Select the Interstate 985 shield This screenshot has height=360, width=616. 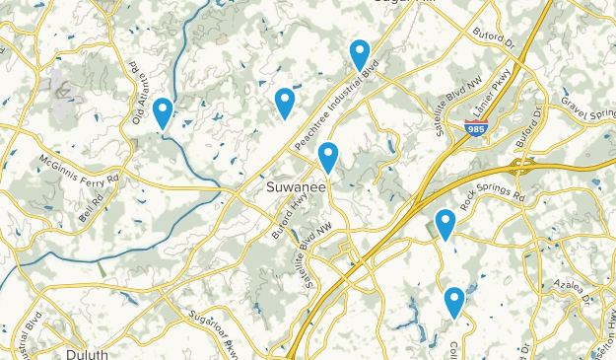click(476, 127)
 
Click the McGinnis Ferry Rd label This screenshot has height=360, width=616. click(79, 169)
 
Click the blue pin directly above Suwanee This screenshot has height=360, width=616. click(328, 157)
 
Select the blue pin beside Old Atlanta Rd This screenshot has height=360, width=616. click(163, 112)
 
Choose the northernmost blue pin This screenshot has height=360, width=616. click(360, 54)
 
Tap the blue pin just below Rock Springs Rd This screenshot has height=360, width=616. click(445, 224)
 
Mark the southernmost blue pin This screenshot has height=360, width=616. click(454, 301)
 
